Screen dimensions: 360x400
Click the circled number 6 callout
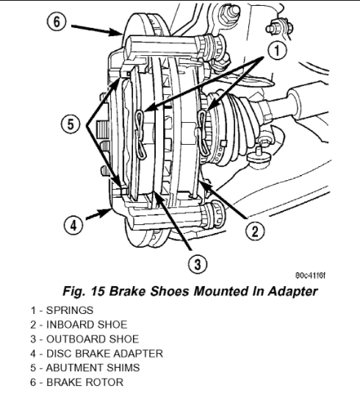[x=57, y=22]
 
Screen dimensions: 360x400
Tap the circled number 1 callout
[x=277, y=50]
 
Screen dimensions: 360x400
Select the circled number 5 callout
[x=71, y=124]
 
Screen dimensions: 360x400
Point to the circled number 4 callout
[x=73, y=226]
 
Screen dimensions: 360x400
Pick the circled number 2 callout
[x=255, y=231]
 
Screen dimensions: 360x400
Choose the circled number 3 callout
[x=198, y=264]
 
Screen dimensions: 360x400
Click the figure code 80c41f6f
[x=310, y=276]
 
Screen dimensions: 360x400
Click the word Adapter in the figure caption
[x=292, y=291]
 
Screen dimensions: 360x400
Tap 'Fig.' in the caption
[x=73, y=291]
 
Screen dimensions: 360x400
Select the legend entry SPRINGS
[x=62, y=310]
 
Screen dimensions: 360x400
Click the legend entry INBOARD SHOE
[x=79, y=324]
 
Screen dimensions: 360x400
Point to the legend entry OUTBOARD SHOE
[x=84, y=339]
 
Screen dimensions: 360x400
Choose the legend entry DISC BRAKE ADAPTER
[x=97, y=354]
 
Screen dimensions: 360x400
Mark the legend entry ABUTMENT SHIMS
[x=85, y=368]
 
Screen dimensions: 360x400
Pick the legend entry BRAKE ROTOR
[x=76, y=382]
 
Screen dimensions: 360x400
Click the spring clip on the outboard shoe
[x=140, y=135]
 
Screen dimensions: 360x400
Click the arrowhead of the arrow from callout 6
[x=115, y=32]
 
